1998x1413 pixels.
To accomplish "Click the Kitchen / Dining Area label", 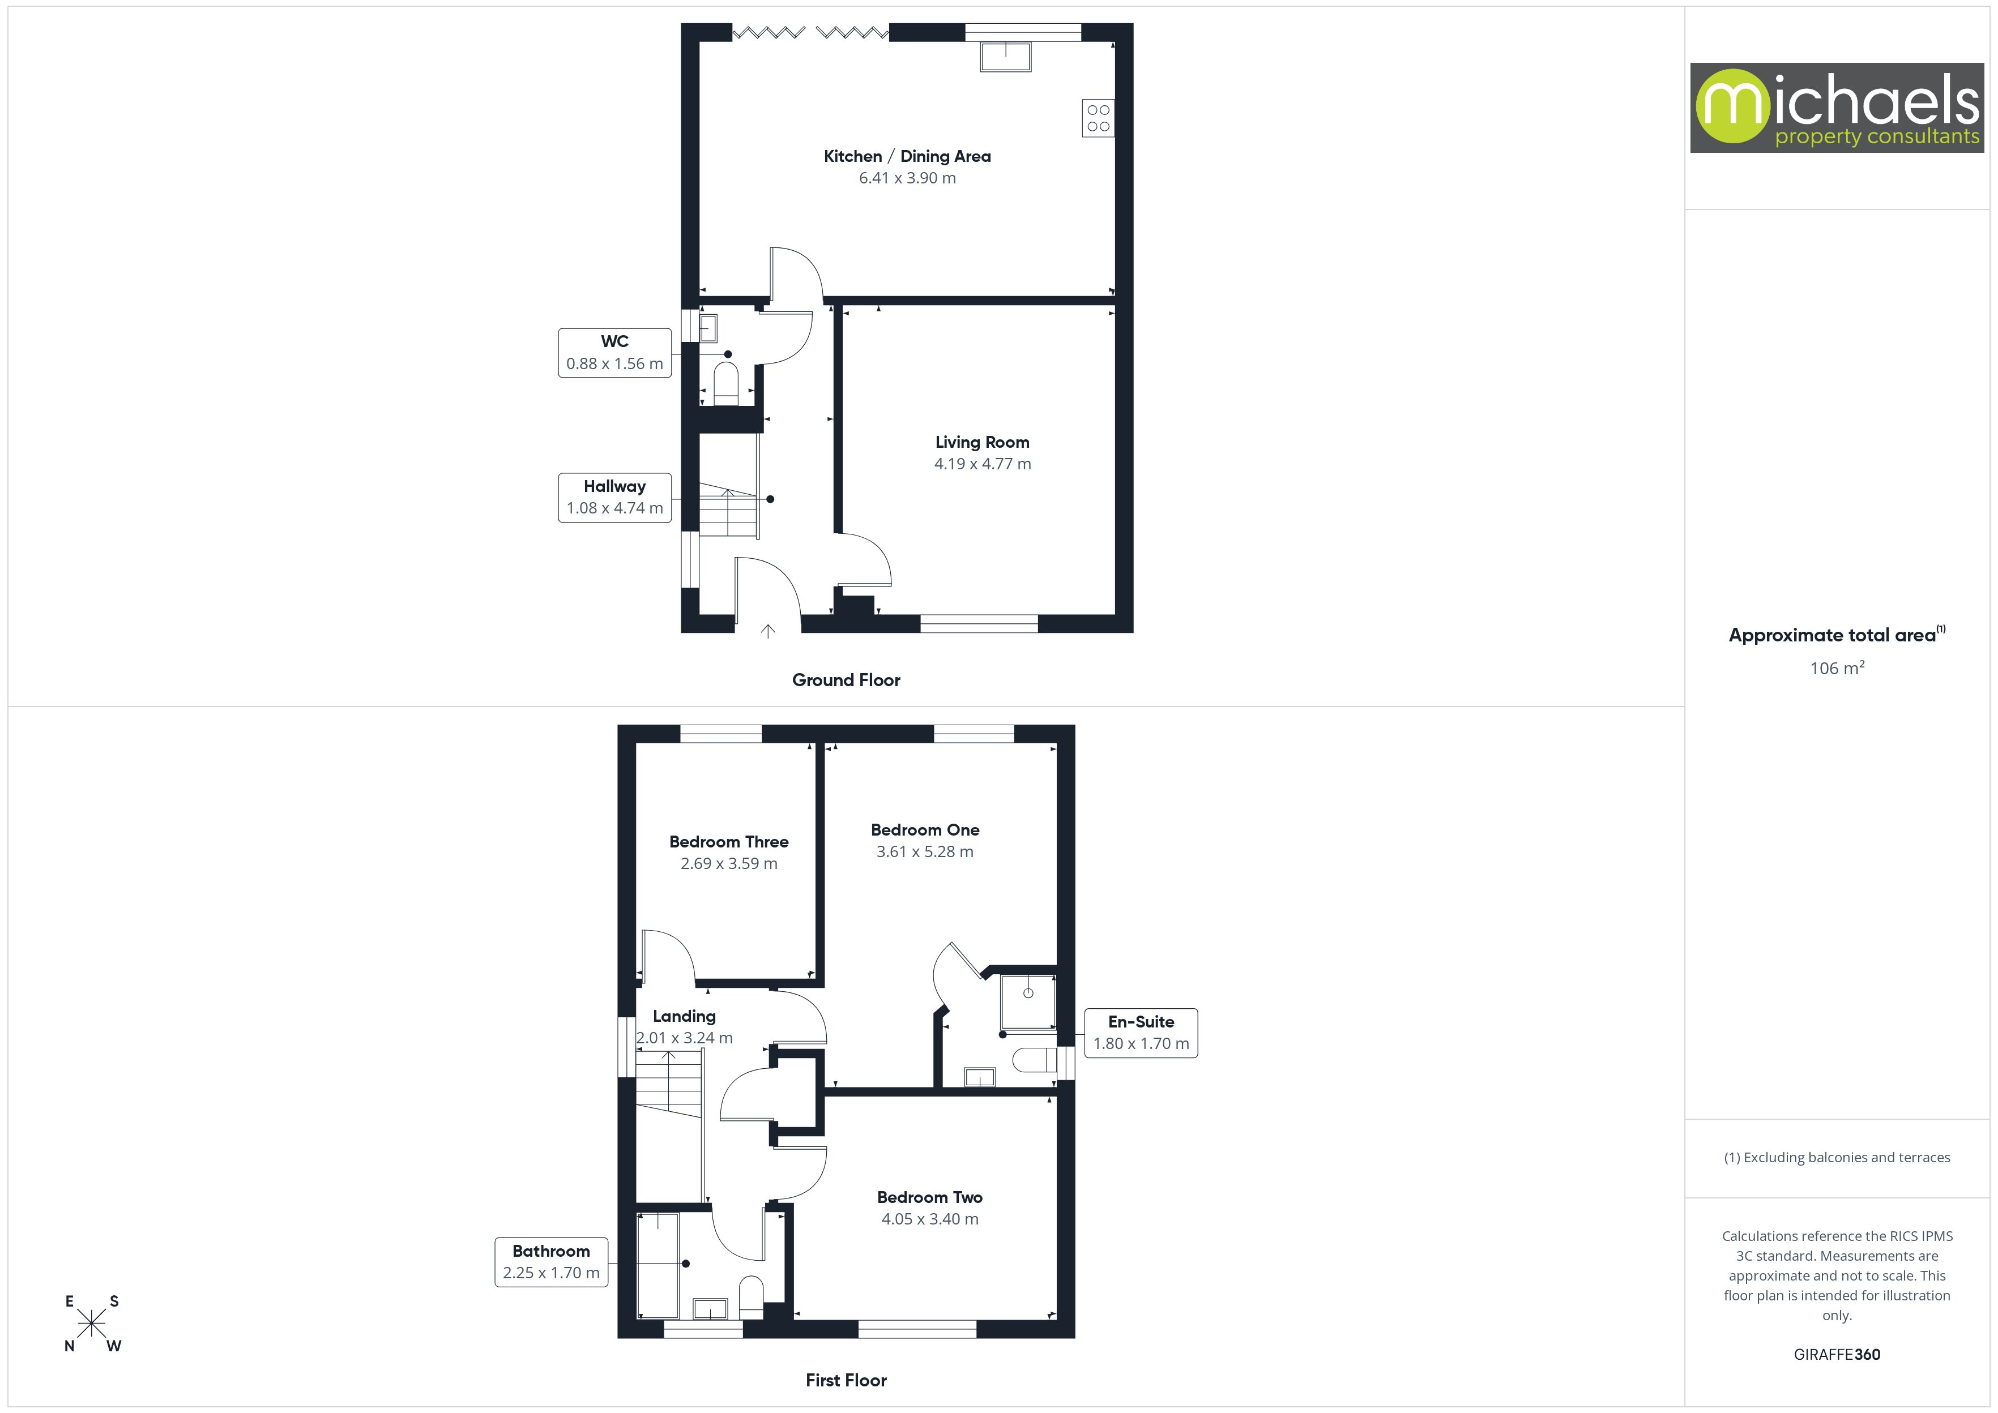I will point(907,157).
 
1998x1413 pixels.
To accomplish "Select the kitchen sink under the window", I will point(1005,57).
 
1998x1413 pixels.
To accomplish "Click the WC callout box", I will point(614,352).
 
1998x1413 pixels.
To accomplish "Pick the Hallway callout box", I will point(614,498).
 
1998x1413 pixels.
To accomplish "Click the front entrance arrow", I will point(767,631).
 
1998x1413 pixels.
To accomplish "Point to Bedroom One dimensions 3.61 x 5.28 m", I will point(924,852).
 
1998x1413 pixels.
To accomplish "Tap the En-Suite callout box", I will point(1141,1033).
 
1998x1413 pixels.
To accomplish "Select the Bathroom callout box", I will point(551,1262).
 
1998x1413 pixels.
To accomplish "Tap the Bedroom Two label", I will point(929,1198).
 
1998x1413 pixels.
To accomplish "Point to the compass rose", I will point(91,1324).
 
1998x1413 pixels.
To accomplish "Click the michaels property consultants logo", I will point(1836,108).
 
